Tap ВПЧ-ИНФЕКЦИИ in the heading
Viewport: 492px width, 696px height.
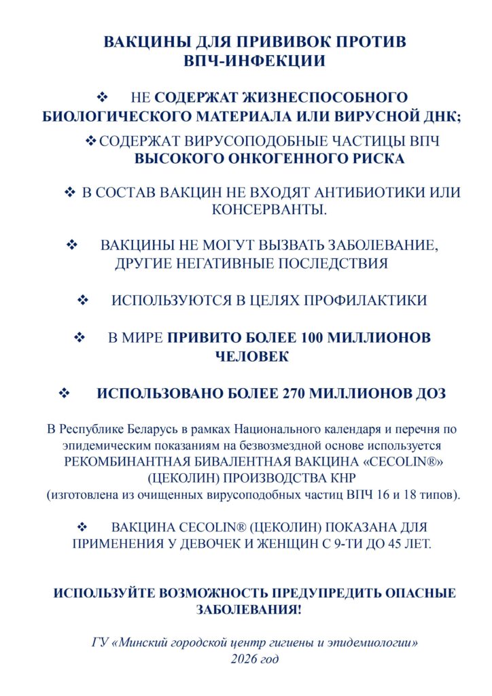254,61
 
